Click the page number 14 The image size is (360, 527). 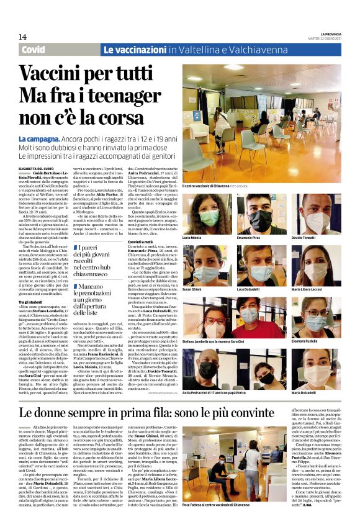pos(22,37)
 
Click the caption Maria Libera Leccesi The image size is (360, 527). pos(307,289)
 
